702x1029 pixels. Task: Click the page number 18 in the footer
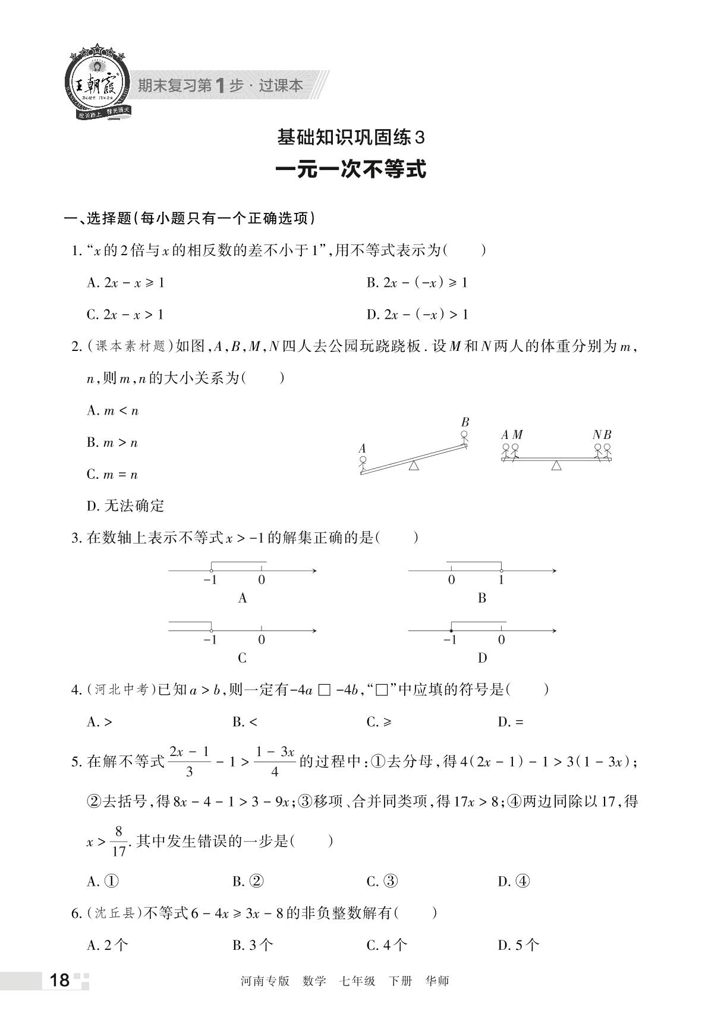pyautogui.click(x=60, y=980)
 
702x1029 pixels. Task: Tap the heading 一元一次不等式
pyautogui.click(x=351, y=170)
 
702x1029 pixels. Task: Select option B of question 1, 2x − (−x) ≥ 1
pyautogui.click(x=417, y=283)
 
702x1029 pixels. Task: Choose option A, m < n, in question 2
pyautogui.click(x=112, y=410)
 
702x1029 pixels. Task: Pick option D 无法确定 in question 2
pyautogui.click(x=125, y=506)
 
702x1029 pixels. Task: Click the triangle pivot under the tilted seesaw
pyautogui.click(x=414, y=466)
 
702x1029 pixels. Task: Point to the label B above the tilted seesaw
pyautogui.click(x=465, y=422)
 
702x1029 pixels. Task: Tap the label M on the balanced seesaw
pyautogui.click(x=517, y=435)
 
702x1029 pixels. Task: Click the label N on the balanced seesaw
pyautogui.click(x=597, y=435)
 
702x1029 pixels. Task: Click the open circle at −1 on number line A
pyautogui.click(x=212, y=571)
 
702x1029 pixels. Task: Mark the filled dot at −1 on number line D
pyautogui.click(x=451, y=630)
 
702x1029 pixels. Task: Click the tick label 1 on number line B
pyautogui.click(x=501, y=581)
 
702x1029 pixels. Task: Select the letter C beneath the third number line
pyautogui.click(x=242, y=658)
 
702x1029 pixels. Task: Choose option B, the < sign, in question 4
pyautogui.click(x=245, y=722)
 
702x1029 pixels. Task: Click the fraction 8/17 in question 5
pyautogui.click(x=118, y=840)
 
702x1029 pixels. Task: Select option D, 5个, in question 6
pyautogui.click(x=518, y=945)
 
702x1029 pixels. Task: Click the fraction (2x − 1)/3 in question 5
pyautogui.click(x=189, y=761)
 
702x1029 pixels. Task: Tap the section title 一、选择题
pyautogui.click(x=97, y=218)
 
